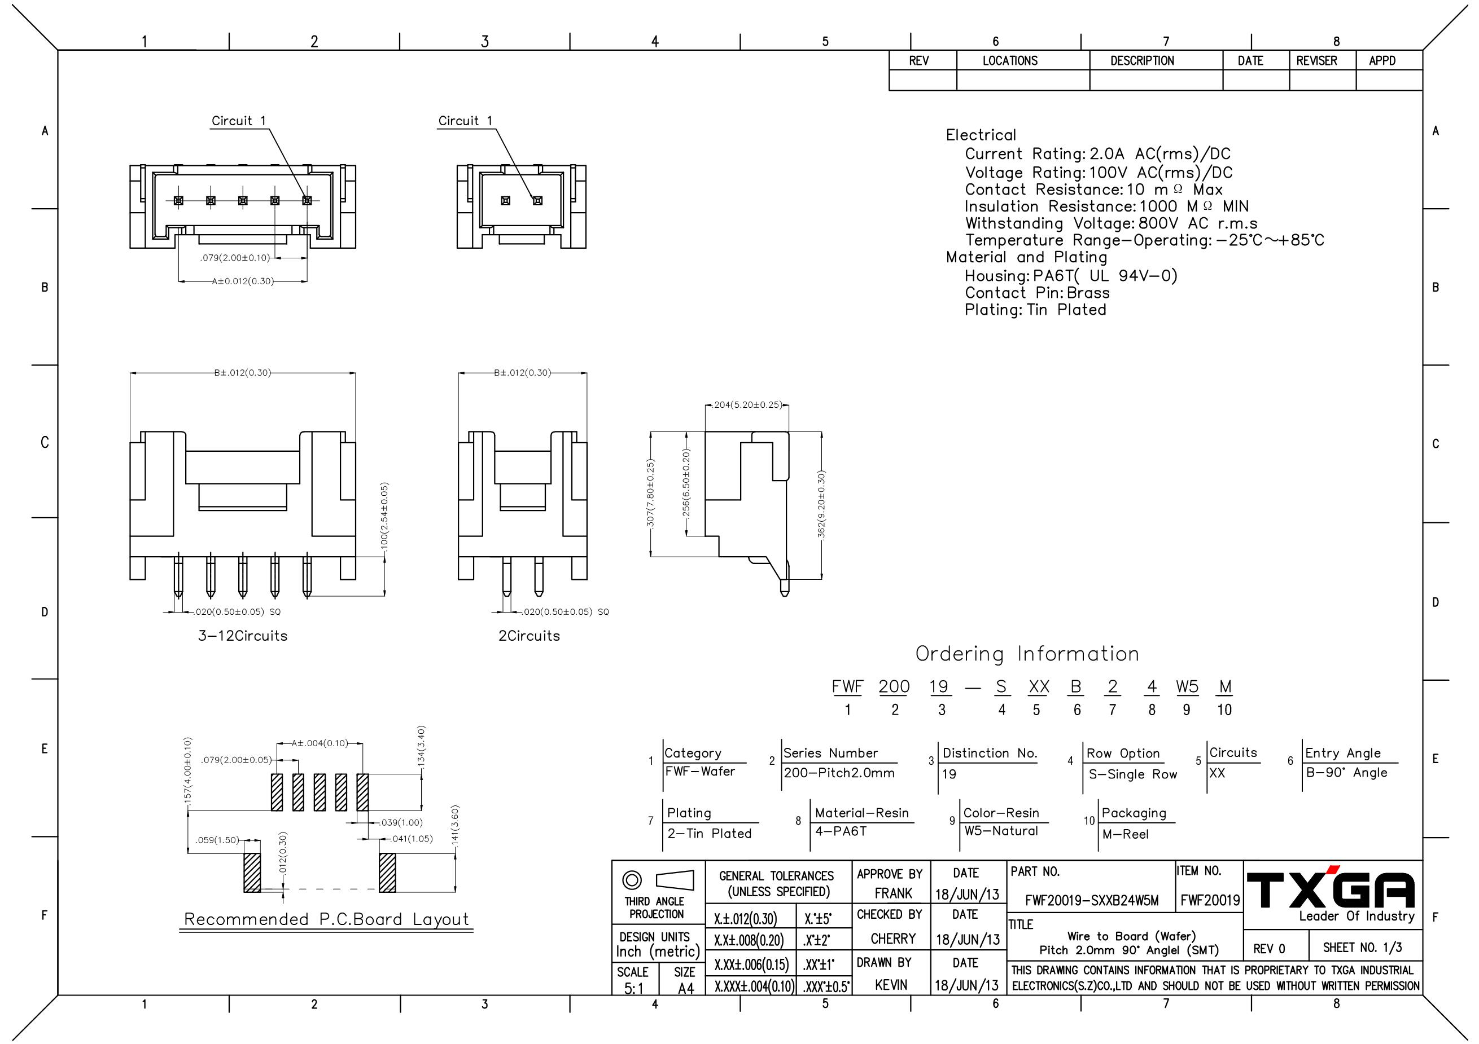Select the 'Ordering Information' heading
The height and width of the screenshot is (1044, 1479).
coord(1027,654)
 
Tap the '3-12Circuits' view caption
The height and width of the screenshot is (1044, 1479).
coord(242,636)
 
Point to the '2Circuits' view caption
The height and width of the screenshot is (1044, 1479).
coord(529,636)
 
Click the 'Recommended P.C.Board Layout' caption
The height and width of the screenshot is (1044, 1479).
coord(327,919)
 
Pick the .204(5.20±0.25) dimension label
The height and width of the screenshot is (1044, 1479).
coord(747,405)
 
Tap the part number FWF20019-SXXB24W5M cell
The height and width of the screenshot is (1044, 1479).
coord(1092,901)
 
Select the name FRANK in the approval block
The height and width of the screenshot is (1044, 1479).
coord(893,893)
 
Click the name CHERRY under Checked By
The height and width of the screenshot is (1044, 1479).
coord(893,939)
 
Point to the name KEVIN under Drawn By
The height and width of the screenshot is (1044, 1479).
coord(891,985)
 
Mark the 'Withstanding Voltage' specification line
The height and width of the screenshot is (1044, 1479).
coord(1111,223)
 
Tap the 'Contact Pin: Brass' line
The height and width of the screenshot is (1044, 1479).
coord(1037,293)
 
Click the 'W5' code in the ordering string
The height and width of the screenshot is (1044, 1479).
coord(1187,687)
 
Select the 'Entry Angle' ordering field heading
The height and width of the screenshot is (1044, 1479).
coord(1343,753)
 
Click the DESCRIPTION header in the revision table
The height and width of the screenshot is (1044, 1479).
coord(1142,61)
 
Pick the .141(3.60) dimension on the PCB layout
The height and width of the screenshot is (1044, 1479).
coord(455,826)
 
